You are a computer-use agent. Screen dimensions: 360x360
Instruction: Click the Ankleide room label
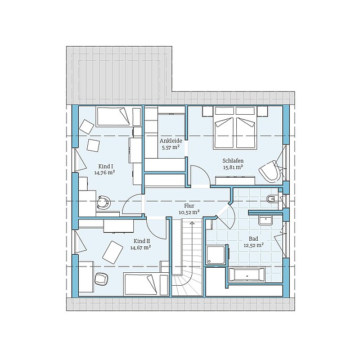[171, 141]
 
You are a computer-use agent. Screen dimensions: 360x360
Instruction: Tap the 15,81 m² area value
[233, 167]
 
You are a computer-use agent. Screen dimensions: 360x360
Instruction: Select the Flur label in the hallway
[189, 206]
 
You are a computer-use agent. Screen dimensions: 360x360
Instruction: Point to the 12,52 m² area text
[254, 245]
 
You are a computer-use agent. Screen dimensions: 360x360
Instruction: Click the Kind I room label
[105, 166]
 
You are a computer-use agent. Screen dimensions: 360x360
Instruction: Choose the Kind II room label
[142, 241]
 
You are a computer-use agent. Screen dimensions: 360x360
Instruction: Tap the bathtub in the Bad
[247, 274]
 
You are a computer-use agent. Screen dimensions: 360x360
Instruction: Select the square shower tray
[215, 254]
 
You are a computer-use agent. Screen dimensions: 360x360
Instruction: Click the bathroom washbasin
[265, 220]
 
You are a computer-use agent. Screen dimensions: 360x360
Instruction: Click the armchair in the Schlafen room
[270, 171]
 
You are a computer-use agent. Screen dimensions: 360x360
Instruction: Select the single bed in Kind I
[114, 116]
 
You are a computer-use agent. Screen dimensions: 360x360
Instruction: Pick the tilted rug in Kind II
[112, 252]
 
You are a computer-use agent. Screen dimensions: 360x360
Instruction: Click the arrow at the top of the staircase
[192, 224]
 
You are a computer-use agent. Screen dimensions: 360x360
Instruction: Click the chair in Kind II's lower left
[101, 279]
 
